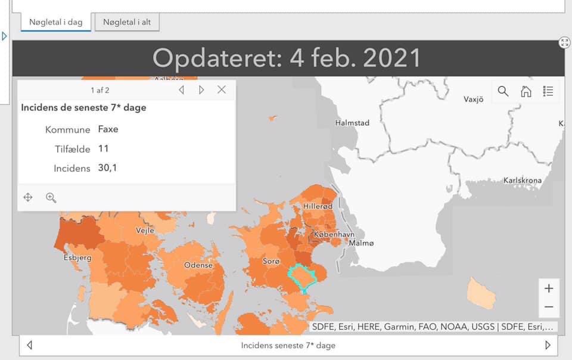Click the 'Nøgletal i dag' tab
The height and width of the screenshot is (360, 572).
[x=57, y=22]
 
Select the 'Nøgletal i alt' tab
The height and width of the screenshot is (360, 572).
[x=127, y=22]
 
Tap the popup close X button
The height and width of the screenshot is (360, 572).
[x=222, y=89]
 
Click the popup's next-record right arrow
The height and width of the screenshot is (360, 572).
[x=201, y=89]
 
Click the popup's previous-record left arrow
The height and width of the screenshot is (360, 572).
[x=181, y=89]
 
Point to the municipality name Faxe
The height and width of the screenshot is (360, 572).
[x=108, y=129]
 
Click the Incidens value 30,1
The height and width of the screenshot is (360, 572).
[x=107, y=168]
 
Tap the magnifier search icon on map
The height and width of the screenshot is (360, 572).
[x=503, y=91]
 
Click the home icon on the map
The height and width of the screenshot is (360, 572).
[x=526, y=91]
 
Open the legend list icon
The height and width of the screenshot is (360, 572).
[x=548, y=91]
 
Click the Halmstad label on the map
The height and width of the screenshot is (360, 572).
[x=352, y=123]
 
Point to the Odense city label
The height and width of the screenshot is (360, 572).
[x=198, y=265]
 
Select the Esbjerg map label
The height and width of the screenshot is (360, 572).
[x=77, y=258]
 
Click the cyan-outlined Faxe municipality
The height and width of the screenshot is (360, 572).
[x=301, y=277]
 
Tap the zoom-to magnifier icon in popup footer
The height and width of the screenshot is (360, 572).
[x=51, y=197]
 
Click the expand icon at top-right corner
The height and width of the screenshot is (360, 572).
[x=565, y=42]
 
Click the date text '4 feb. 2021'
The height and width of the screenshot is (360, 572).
[x=355, y=58]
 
